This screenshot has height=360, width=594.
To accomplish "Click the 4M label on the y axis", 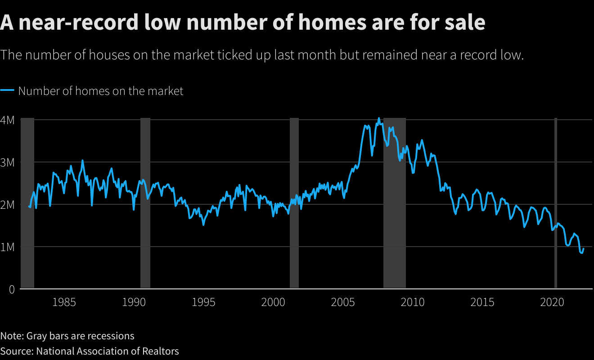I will (x=8, y=120).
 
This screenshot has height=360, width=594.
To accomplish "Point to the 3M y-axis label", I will (x=8, y=162).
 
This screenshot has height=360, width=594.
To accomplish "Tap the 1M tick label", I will (x=8, y=247).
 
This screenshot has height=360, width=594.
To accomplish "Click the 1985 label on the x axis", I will (x=64, y=302).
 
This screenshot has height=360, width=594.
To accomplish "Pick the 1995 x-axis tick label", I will (x=203, y=302).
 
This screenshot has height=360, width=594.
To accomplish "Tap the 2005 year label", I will (x=343, y=302).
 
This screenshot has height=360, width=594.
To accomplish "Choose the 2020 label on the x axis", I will (x=552, y=302).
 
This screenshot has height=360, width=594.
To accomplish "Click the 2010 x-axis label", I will (x=413, y=302).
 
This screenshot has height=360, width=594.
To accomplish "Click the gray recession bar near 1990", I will (x=145, y=202).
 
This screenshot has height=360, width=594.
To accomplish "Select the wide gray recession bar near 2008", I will (x=395, y=202).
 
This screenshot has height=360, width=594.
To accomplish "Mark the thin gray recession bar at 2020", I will (x=556, y=202).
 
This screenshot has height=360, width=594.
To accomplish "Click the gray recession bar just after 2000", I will (x=294, y=202).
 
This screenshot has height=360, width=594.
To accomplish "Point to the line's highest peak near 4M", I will (x=378, y=118).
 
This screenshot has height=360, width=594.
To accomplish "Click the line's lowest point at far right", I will (x=581, y=253).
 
